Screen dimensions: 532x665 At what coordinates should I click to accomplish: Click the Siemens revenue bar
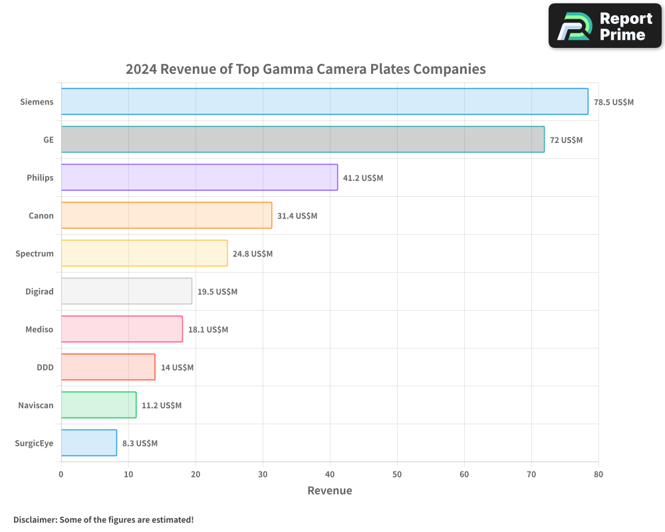pyautogui.click(x=325, y=102)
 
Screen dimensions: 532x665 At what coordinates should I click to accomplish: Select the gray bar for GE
pyautogui.click(x=303, y=140)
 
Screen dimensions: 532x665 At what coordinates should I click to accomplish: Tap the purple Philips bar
pyautogui.click(x=199, y=178)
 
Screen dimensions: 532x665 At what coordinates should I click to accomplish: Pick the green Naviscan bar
pyautogui.click(x=98, y=405)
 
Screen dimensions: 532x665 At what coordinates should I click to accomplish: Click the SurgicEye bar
pyautogui.click(x=89, y=443)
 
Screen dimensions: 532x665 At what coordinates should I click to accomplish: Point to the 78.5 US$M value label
pyautogui.click(x=614, y=102)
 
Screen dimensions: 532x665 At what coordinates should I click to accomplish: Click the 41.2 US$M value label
pyautogui.click(x=363, y=178)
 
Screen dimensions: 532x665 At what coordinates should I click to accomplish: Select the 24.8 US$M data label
pyautogui.click(x=253, y=254)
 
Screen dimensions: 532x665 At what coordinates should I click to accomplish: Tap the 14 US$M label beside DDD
pyautogui.click(x=177, y=368)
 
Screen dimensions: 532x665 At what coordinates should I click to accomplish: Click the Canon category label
pyautogui.click(x=41, y=215)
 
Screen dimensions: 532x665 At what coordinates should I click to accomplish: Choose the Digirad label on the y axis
pyautogui.click(x=39, y=291)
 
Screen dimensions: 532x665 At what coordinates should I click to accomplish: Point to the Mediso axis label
pyautogui.click(x=40, y=329)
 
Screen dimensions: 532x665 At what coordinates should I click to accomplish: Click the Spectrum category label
pyautogui.click(x=35, y=253)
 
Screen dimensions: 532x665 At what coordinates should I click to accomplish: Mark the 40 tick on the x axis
pyautogui.click(x=330, y=474)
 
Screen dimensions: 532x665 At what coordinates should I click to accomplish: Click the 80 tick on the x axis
pyautogui.click(x=598, y=474)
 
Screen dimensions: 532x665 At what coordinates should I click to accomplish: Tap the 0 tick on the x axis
pyautogui.click(x=61, y=474)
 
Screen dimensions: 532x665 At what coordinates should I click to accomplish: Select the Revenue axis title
pyautogui.click(x=330, y=491)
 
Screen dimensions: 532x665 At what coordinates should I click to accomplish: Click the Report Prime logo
pyautogui.click(x=605, y=26)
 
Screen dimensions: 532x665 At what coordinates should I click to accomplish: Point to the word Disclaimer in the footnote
pyautogui.click(x=35, y=520)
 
